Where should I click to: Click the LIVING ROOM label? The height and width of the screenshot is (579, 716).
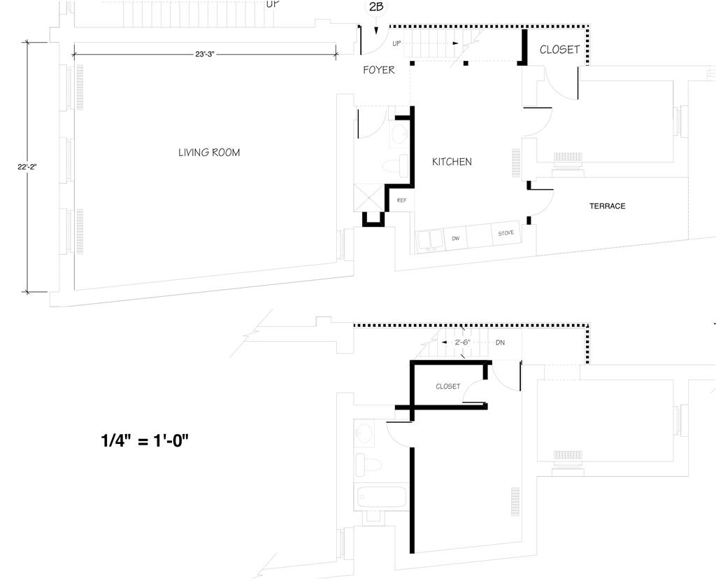click(209, 153)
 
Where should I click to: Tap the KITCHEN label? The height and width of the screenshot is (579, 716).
click(452, 162)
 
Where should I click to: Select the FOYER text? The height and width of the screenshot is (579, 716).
click(379, 70)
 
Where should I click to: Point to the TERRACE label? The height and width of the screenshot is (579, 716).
click(607, 206)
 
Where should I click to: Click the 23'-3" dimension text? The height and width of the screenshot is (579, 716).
click(204, 54)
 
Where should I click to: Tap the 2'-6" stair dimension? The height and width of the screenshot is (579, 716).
click(462, 342)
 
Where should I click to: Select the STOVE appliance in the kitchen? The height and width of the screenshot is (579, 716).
click(506, 234)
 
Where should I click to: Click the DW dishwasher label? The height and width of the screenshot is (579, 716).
click(456, 239)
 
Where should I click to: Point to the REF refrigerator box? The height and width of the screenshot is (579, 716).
click(401, 200)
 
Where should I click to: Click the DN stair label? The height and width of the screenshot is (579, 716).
click(500, 342)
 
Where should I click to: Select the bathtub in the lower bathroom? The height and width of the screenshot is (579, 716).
click(381, 496)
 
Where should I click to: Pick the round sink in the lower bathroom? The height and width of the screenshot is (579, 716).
click(364, 433)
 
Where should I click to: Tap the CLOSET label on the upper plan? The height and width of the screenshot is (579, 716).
click(559, 50)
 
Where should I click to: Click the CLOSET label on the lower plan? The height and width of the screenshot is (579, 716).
click(447, 386)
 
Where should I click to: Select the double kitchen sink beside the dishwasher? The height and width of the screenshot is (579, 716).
click(429, 239)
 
